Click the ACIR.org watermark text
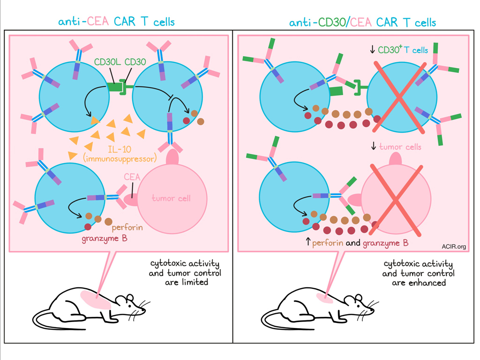click(x=453, y=246)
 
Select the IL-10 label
click(x=115, y=150)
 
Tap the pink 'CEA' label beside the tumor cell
click(x=130, y=177)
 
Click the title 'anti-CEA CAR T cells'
click(x=116, y=22)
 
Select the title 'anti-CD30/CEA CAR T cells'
click(x=362, y=22)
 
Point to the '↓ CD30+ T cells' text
click(x=399, y=50)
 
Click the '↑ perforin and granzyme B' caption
click(x=356, y=243)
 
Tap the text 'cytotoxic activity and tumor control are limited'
click(x=185, y=273)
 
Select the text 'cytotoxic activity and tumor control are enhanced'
click(x=418, y=273)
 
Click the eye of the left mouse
click(x=133, y=304)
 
